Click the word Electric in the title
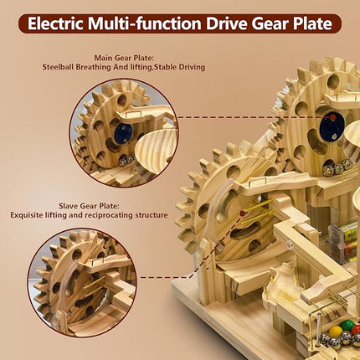(x=55, y=23)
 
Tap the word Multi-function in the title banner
(x=145, y=23)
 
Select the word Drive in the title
(x=227, y=23)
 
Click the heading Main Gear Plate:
(x=124, y=58)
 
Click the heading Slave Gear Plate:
(x=89, y=206)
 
